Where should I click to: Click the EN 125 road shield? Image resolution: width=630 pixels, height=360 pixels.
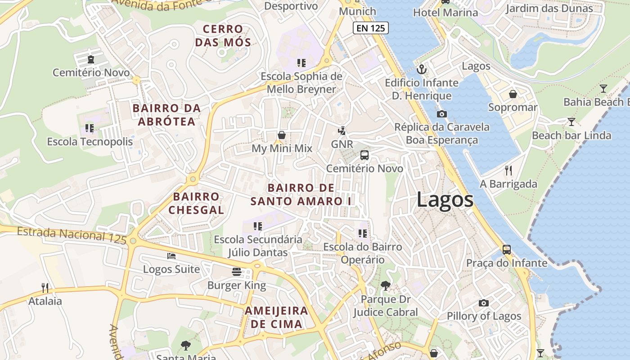point(370,28)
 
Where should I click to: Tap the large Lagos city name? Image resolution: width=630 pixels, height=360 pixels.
point(445,199)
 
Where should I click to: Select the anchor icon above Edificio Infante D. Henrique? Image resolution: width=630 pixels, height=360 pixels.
point(422,69)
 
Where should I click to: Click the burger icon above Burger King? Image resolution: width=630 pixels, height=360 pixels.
point(237,271)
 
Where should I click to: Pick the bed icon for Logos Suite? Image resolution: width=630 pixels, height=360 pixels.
point(171,256)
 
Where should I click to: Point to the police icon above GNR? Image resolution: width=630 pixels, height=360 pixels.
point(342,131)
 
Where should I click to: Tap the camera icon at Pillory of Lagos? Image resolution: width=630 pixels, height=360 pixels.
point(484,303)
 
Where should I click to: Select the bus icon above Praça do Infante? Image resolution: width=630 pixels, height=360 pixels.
point(507,249)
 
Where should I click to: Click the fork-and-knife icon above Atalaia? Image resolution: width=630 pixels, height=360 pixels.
point(45,288)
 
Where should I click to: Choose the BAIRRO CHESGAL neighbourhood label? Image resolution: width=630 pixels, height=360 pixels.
point(196,203)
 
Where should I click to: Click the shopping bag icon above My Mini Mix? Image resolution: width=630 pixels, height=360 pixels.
point(282,135)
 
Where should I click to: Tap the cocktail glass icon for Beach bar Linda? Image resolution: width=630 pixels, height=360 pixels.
point(571,121)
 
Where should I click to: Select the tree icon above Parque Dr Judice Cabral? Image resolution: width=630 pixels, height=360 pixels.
point(385,285)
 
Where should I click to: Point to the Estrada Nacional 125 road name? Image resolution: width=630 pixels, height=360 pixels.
point(72,235)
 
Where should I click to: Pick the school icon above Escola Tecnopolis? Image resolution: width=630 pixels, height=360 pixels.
point(90,128)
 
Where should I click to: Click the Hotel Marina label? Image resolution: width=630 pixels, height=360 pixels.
point(445,12)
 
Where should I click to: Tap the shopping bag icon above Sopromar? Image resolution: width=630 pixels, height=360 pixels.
point(513,94)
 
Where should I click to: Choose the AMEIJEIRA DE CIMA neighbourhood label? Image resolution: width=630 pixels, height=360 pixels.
point(276,317)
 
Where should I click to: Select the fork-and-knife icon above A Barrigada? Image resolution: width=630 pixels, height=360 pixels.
point(508,170)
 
